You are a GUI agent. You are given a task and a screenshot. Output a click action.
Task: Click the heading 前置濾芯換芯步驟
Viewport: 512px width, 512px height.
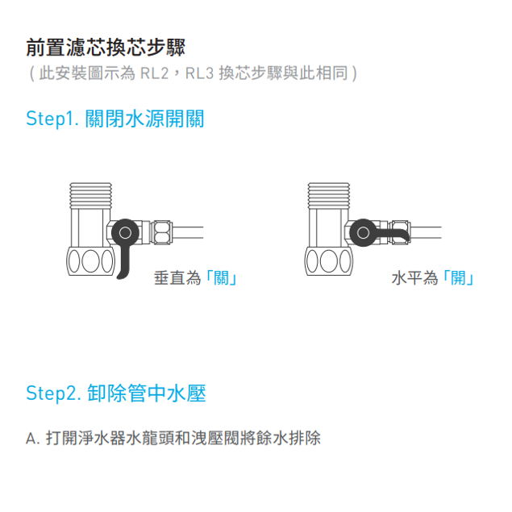pyautogui.click(x=106, y=48)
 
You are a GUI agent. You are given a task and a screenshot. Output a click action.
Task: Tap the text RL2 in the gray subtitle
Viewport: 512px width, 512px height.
pyautogui.click(x=154, y=73)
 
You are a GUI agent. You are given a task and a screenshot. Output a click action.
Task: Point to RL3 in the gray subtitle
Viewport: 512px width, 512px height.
pyautogui.click(x=199, y=73)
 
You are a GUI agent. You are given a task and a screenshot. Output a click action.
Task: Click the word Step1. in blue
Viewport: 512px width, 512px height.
pyautogui.click(x=52, y=119)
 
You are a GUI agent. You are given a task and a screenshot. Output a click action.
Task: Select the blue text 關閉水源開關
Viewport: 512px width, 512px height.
pyautogui.click(x=144, y=119)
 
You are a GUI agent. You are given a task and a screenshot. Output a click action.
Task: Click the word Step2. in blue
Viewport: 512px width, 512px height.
pyautogui.click(x=53, y=393)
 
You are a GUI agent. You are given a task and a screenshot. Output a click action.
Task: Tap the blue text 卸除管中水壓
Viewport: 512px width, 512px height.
pyautogui.click(x=147, y=393)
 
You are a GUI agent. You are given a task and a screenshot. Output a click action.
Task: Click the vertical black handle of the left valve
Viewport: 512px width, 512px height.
pyautogui.click(x=123, y=263)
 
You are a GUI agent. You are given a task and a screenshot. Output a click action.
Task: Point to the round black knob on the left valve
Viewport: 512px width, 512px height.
pyautogui.click(x=126, y=233)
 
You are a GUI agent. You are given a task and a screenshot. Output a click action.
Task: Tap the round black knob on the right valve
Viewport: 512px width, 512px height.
pyautogui.click(x=363, y=233)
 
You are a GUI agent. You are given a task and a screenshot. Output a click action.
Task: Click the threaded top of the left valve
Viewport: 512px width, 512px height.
pyautogui.click(x=91, y=196)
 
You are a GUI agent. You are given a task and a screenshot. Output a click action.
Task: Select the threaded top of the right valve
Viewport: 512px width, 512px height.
pyautogui.click(x=329, y=196)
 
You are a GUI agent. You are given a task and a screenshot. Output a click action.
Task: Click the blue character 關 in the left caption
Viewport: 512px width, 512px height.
pyautogui.click(x=221, y=278)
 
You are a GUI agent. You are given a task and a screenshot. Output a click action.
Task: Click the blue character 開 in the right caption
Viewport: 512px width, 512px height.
pyautogui.click(x=459, y=278)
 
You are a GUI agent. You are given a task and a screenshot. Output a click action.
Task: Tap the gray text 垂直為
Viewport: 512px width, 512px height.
pyautogui.click(x=177, y=278)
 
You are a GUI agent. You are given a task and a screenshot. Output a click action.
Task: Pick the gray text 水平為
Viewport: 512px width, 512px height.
pyautogui.click(x=414, y=278)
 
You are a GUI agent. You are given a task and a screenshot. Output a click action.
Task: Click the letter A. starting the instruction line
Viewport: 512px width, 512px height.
pyautogui.click(x=32, y=439)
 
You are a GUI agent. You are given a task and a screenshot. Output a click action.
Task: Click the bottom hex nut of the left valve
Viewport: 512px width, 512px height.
pyautogui.click(x=91, y=261)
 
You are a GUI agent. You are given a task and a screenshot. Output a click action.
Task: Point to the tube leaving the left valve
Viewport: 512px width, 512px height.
pyautogui.click(x=187, y=232)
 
